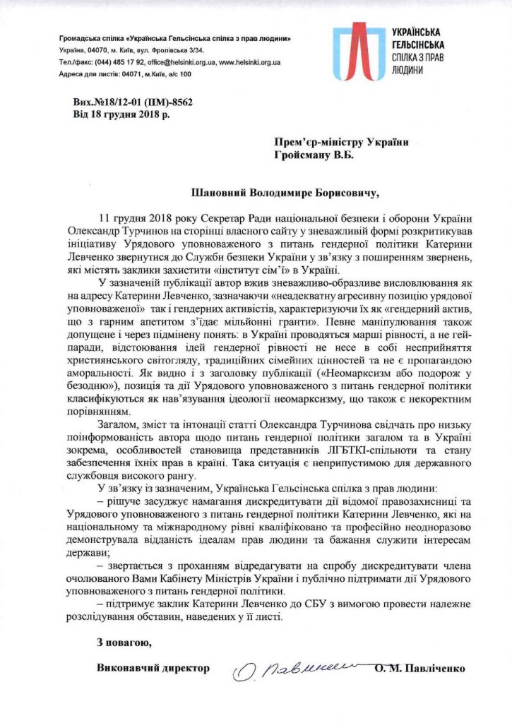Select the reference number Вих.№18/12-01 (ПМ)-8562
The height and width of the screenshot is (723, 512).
[133, 102]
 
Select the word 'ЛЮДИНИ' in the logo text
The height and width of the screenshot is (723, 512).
[407, 71]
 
